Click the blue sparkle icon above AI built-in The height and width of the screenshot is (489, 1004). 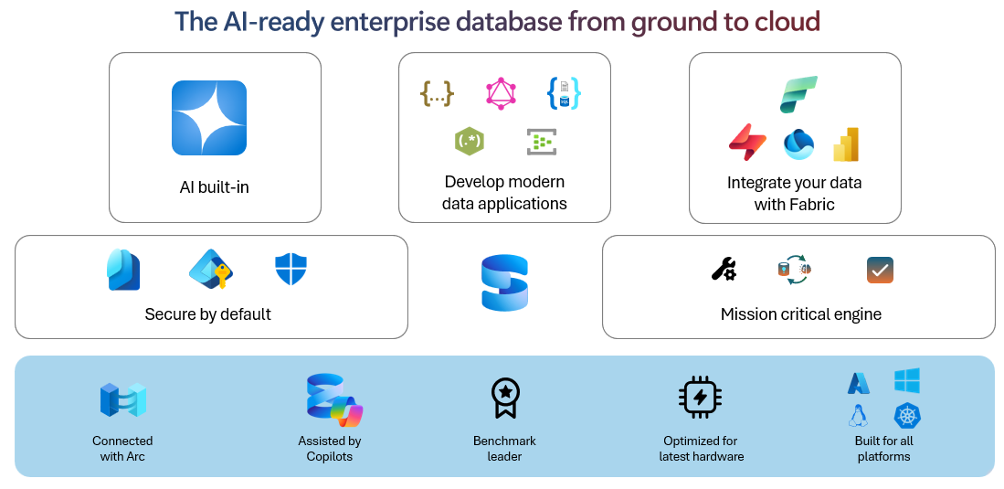click(209, 118)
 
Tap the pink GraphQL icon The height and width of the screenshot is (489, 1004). click(501, 93)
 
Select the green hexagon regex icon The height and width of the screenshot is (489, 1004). click(469, 141)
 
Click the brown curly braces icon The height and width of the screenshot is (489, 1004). click(437, 93)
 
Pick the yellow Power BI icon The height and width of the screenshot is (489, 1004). click(846, 144)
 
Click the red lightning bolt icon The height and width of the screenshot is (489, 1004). click(747, 142)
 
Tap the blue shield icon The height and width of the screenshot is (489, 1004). click(291, 270)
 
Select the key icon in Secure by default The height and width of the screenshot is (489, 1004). click(210, 269)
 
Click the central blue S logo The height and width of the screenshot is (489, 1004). click(505, 282)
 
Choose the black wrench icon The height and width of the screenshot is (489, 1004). click(724, 269)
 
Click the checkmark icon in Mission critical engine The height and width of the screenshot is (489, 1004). click(880, 270)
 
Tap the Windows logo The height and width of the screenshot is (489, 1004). click(907, 381)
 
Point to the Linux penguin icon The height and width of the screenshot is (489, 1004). click(858, 416)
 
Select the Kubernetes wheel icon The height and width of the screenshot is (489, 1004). click(907, 416)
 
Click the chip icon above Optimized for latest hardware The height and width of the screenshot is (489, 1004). click(701, 398)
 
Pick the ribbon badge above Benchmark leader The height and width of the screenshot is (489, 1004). click(505, 399)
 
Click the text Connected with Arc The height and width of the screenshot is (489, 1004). click(122, 448)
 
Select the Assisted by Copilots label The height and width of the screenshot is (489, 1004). click(330, 448)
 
